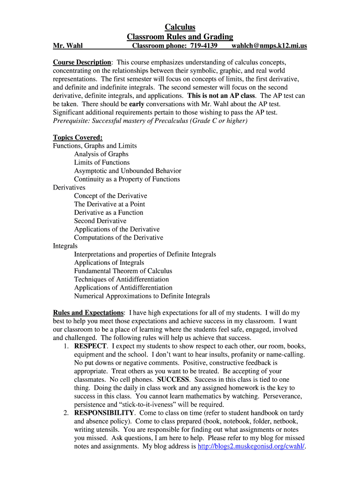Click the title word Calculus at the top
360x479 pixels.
tap(180, 27)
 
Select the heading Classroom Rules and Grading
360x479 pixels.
tap(180, 36)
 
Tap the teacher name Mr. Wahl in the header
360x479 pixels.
tap(68, 46)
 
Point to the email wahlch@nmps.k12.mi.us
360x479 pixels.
tap(269, 46)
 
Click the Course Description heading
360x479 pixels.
tap(82, 62)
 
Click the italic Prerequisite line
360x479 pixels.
tap(150, 121)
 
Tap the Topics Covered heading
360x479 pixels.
tap(78, 137)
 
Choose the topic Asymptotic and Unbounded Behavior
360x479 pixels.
tap(128, 171)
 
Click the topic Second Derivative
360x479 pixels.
tap(100, 221)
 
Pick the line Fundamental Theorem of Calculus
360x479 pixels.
tap(123, 271)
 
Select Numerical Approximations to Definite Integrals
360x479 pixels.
tap(142, 296)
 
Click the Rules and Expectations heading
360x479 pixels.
tap(88, 312)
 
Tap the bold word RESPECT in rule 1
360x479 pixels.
tap(91, 346)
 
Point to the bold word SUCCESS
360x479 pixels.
tap(173, 379)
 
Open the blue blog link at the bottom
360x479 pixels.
tap(251, 447)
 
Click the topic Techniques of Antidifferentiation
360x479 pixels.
tap(122, 279)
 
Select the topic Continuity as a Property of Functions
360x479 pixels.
tap(127, 179)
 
